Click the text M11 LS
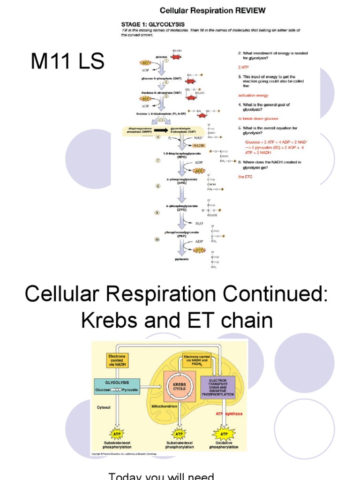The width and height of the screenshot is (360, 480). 67,62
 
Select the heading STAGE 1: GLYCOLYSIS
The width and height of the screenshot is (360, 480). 153,24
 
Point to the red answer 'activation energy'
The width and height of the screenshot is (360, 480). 253,95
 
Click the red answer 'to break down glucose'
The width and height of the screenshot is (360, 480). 258,119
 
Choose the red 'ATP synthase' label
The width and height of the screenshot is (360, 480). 229,413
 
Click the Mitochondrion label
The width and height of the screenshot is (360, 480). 164,406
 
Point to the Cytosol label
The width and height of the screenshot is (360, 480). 103,407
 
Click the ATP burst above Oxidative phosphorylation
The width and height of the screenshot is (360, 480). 224,434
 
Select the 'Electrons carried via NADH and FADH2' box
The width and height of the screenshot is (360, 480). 195,360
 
